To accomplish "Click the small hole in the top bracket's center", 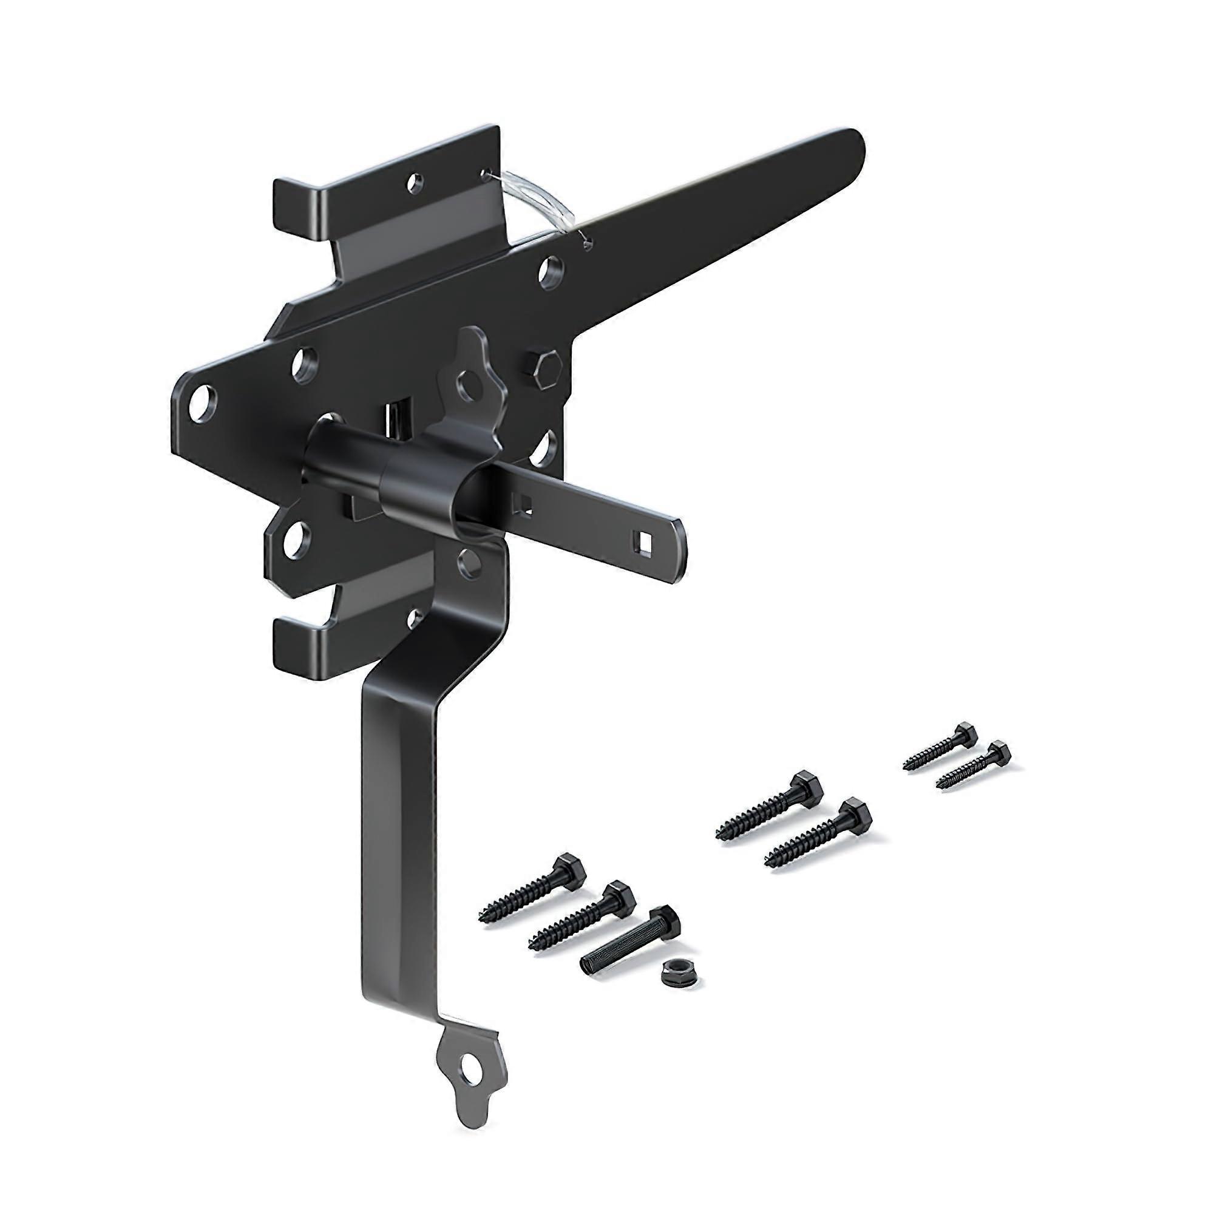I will (413, 183).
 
